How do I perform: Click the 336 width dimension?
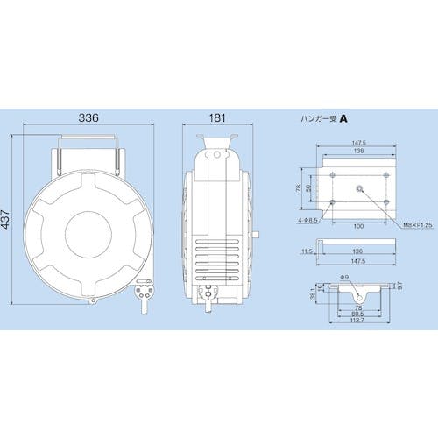88,117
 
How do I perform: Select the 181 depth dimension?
217,118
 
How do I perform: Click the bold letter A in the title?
344,119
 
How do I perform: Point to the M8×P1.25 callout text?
418,225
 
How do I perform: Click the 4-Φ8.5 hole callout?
307,221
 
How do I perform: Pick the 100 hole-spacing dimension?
358,226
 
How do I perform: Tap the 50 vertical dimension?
309,188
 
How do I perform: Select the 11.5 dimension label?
307,251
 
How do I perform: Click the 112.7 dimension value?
358,320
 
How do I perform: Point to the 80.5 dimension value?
358,314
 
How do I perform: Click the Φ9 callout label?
344,278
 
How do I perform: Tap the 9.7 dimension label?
399,286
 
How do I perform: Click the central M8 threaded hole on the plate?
359,189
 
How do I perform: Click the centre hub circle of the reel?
88,235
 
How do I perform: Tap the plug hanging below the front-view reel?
144,293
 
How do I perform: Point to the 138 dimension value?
358,151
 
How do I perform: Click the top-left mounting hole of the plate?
333,175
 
